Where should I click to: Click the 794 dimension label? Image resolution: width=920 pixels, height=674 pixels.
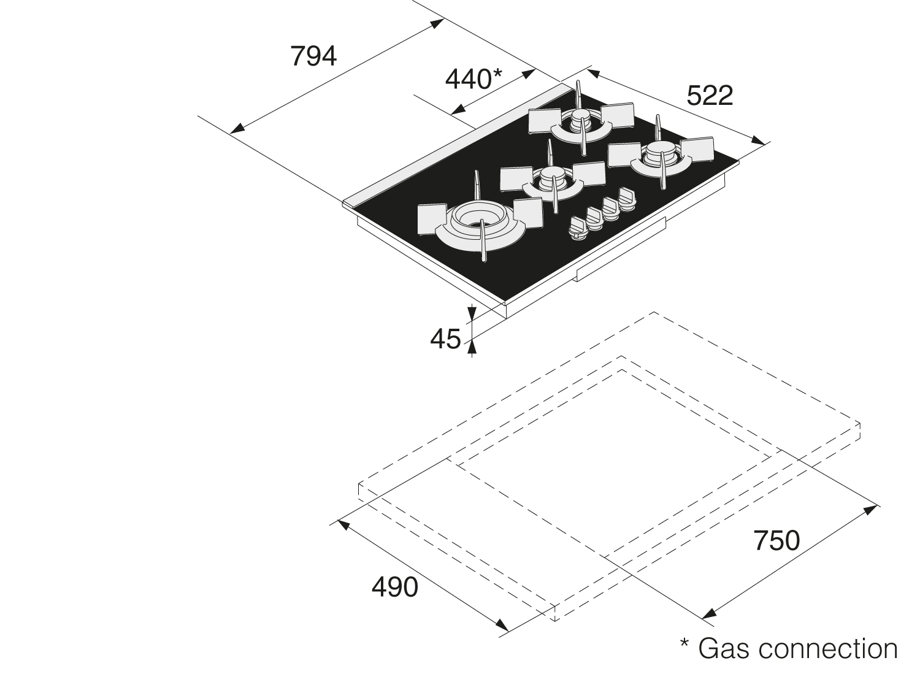tap(313, 57)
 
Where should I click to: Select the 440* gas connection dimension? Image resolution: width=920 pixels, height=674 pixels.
tap(473, 79)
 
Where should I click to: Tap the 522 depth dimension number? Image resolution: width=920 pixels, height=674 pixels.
tap(710, 96)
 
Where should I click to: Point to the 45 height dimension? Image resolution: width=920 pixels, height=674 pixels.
tap(445, 339)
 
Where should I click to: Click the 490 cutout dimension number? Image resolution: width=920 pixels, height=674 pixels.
tap(394, 587)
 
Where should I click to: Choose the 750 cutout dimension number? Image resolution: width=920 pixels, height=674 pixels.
tap(776, 541)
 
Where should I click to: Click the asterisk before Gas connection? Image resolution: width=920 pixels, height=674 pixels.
tap(685, 644)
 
